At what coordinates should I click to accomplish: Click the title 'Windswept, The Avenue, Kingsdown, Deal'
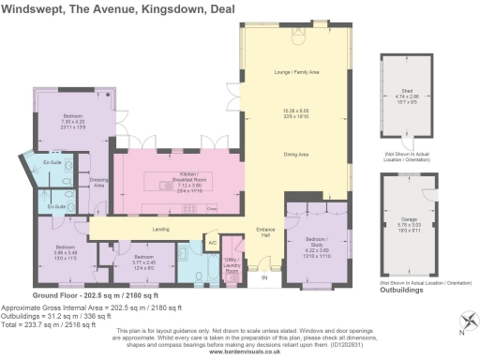click(x=118, y=8)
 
